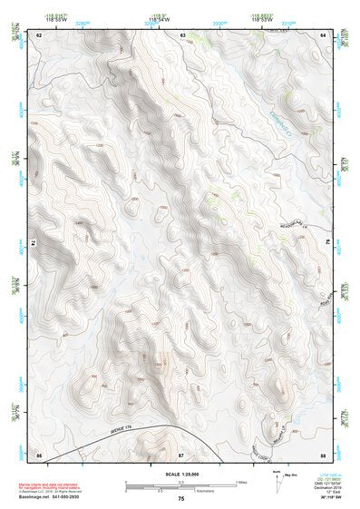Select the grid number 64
pyautogui.click(x=323, y=34)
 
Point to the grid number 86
pyautogui.click(x=40, y=453)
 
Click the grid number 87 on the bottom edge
pyautogui.click(x=181, y=453)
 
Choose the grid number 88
pyautogui.click(x=323, y=453)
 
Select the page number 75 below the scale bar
pyautogui.click(x=181, y=499)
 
